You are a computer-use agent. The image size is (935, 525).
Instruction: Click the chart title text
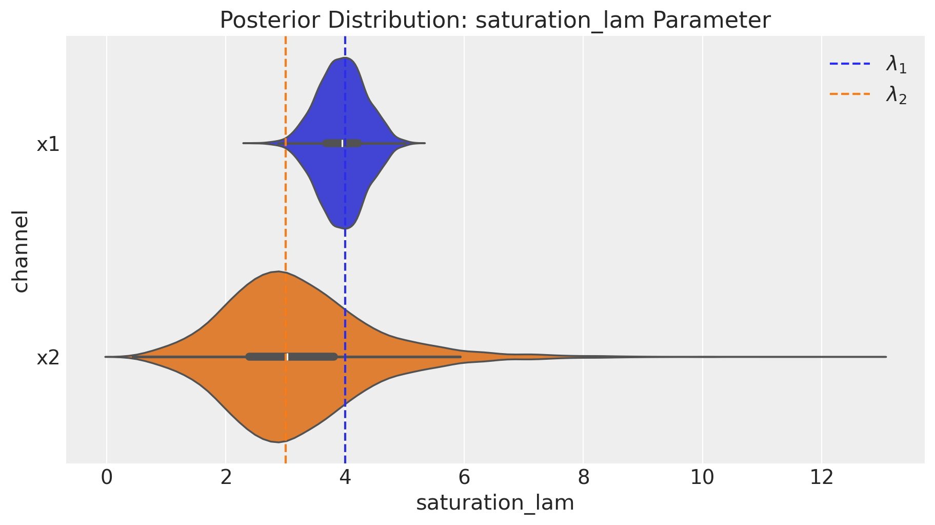tap(495, 21)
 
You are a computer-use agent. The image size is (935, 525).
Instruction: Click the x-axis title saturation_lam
tap(495, 503)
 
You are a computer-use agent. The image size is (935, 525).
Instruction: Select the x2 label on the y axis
tap(48, 358)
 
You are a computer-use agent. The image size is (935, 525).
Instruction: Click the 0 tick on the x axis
tap(106, 478)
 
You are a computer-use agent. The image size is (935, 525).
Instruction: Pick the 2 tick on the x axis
tap(225, 478)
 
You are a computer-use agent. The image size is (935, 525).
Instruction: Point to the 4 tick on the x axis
tap(345, 478)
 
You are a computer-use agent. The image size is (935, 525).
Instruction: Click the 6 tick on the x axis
tap(464, 478)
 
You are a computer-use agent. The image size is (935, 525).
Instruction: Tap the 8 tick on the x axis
tap(583, 478)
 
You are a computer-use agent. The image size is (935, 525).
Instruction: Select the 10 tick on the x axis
tap(702, 478)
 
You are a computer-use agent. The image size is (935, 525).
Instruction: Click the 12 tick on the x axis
tap(821, 478)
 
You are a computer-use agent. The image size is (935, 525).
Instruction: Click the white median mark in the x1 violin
tap(343, 143)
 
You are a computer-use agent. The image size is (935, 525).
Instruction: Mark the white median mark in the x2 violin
tap(287, 357)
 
